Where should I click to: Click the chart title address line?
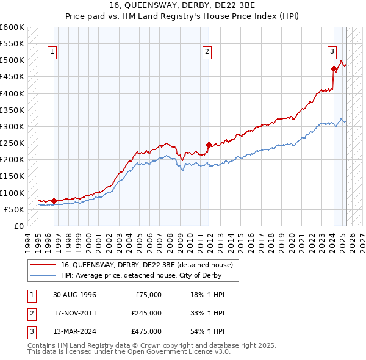[182, 5]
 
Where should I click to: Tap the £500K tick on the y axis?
[12, 60]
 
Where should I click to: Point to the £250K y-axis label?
[12, 143]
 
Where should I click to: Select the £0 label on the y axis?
[18, 226]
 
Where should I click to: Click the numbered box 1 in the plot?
[52, 52]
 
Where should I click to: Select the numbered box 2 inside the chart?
[207, 52]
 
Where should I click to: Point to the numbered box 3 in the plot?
[332, 52]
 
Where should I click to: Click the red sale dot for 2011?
[209, 145]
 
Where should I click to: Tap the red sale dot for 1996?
[54, 201]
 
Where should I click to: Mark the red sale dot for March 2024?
[334, 69]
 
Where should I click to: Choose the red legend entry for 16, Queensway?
[147, 265]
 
